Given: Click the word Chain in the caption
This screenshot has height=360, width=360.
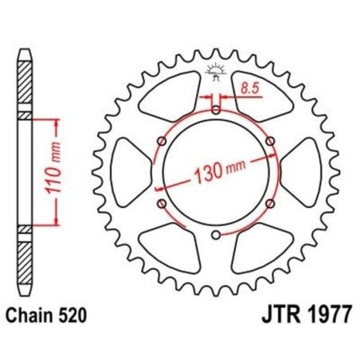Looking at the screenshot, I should [34, 315].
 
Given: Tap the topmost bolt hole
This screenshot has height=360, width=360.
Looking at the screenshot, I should [217, 109].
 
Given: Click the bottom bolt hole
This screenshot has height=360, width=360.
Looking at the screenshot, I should [217, 234].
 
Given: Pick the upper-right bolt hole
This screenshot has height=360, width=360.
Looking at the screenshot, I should [271, 141].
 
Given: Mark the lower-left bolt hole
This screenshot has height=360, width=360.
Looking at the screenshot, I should [162, 203].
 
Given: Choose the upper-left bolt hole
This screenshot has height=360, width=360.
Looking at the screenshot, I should [162, 141].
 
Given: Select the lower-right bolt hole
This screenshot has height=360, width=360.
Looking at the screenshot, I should [271, 203].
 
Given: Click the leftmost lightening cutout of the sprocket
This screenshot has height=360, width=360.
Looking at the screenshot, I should [130, 172].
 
